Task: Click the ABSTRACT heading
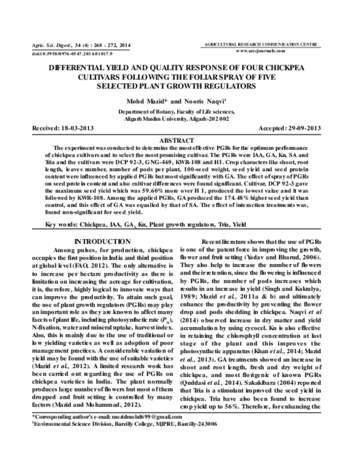(181, 140)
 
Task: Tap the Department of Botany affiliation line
(182, 112)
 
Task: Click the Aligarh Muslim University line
(182, 120)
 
